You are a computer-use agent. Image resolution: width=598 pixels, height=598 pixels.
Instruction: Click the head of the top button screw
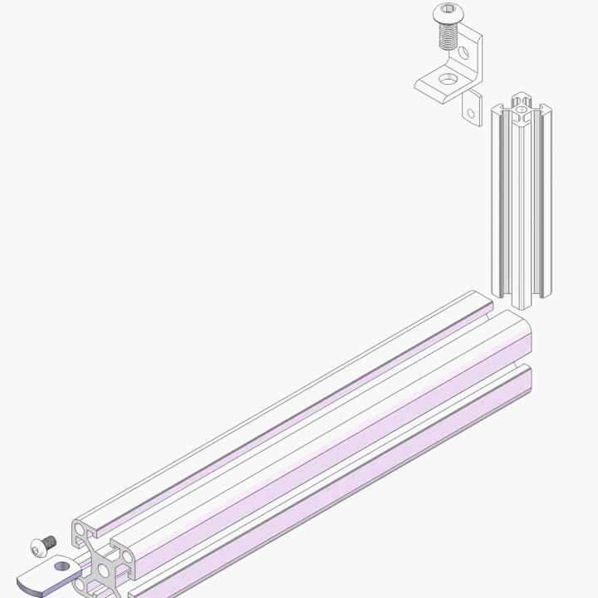(447, 14)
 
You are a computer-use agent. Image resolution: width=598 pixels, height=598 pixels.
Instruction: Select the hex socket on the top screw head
(447, 11)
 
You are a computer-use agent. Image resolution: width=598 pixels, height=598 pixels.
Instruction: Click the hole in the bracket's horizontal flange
(448, 78)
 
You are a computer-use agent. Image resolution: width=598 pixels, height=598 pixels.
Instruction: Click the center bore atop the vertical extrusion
(520, 106)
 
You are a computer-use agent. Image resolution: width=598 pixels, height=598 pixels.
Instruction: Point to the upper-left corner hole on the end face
(81, 530)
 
